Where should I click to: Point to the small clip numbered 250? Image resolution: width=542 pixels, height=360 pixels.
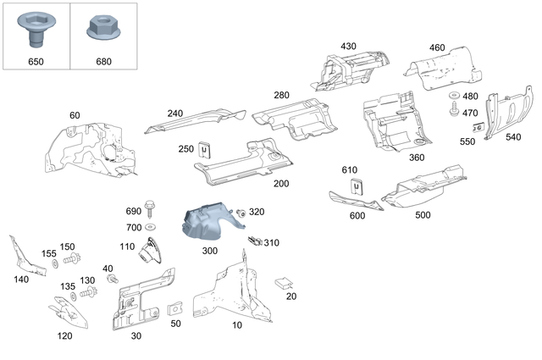pyautogui.click(x=205, y=150)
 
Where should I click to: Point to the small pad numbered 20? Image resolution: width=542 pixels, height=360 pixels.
pyautogui.click(x=287, y=282)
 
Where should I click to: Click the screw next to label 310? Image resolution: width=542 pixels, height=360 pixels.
pyautogui.click(x=252, y=241)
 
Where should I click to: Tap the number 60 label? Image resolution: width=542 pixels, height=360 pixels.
pyautogui.click(x=75, y=115)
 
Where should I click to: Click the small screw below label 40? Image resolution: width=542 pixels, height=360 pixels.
pyautogui.click(x=113, y=279)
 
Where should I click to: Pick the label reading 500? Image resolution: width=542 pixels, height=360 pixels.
pyautogui.click(x=421, y=215)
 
